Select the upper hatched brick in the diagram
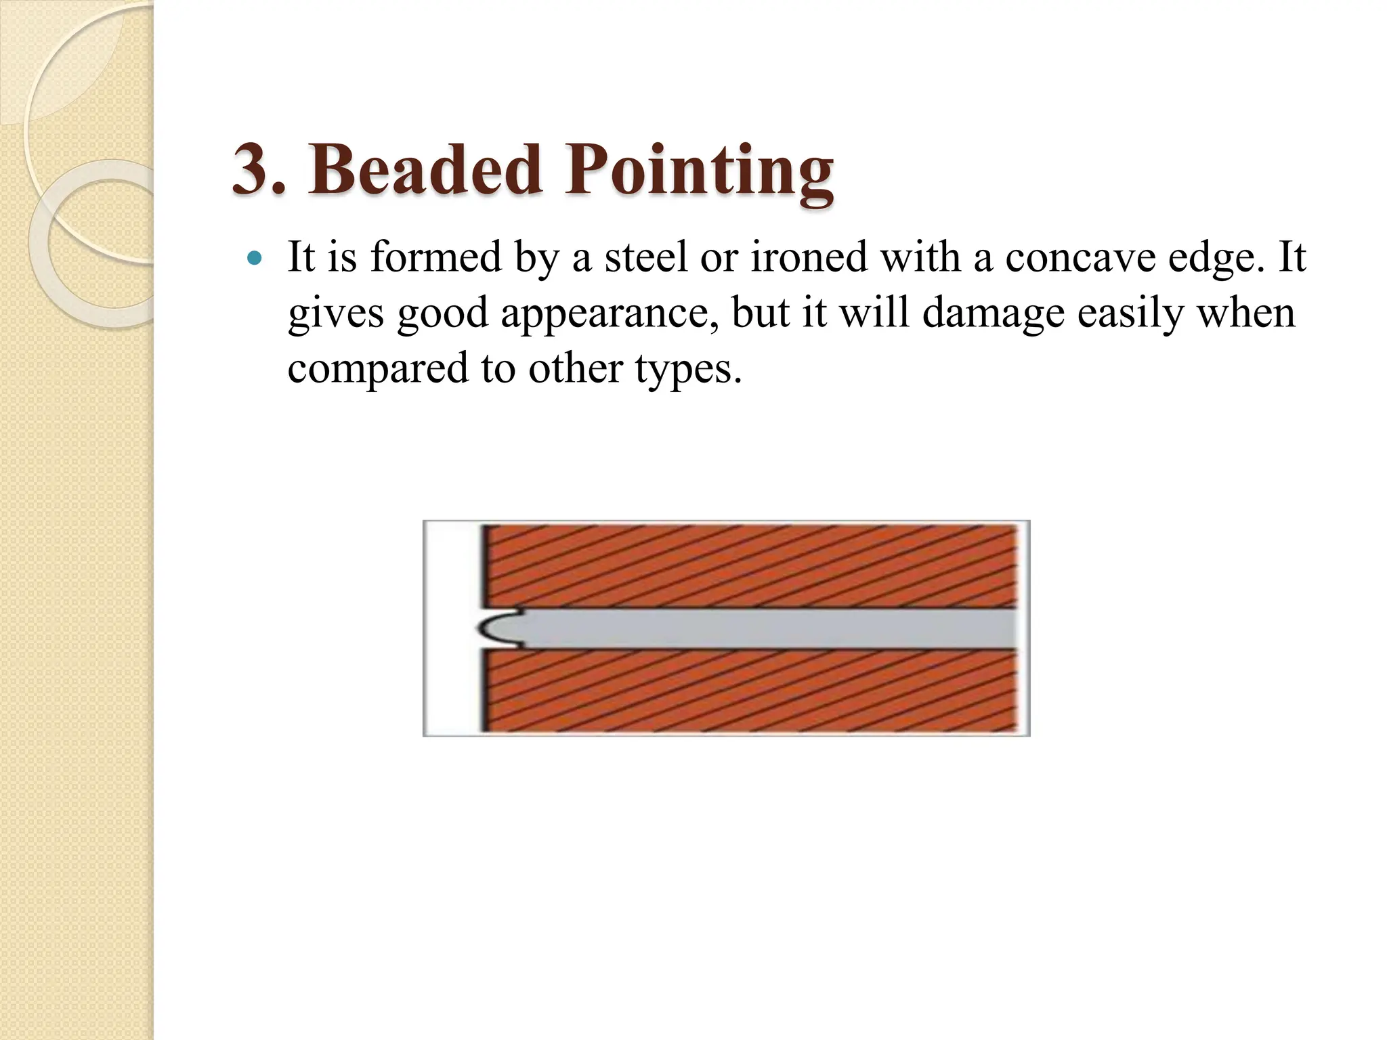pyautogui.click(x=752, y=566)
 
